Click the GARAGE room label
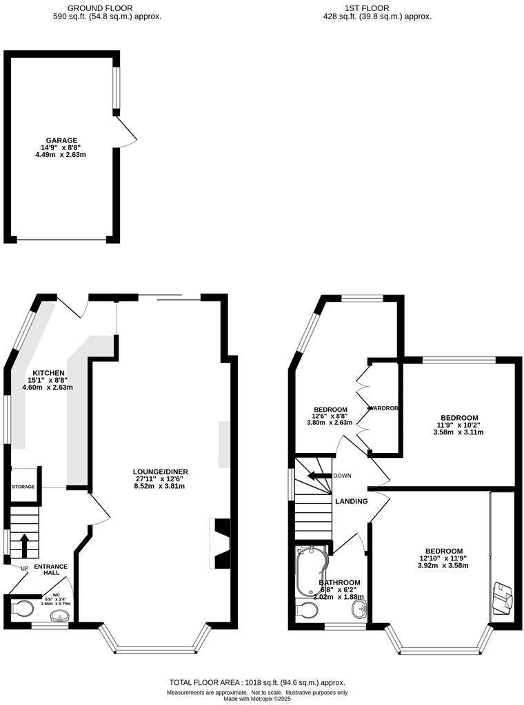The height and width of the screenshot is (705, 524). (x=61, y=140)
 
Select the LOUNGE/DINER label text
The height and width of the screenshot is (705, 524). (x=161, y=472)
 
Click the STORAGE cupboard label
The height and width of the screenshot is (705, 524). (x=23, y=487)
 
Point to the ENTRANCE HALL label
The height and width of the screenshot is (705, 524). (x=55, y=569)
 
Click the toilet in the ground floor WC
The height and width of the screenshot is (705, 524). (x=23, y=609)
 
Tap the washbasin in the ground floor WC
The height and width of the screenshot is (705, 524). (x=61, y=617)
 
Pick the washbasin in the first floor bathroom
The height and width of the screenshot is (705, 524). (x=358, y=609)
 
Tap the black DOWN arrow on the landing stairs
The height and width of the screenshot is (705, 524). (x=318, y=476)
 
